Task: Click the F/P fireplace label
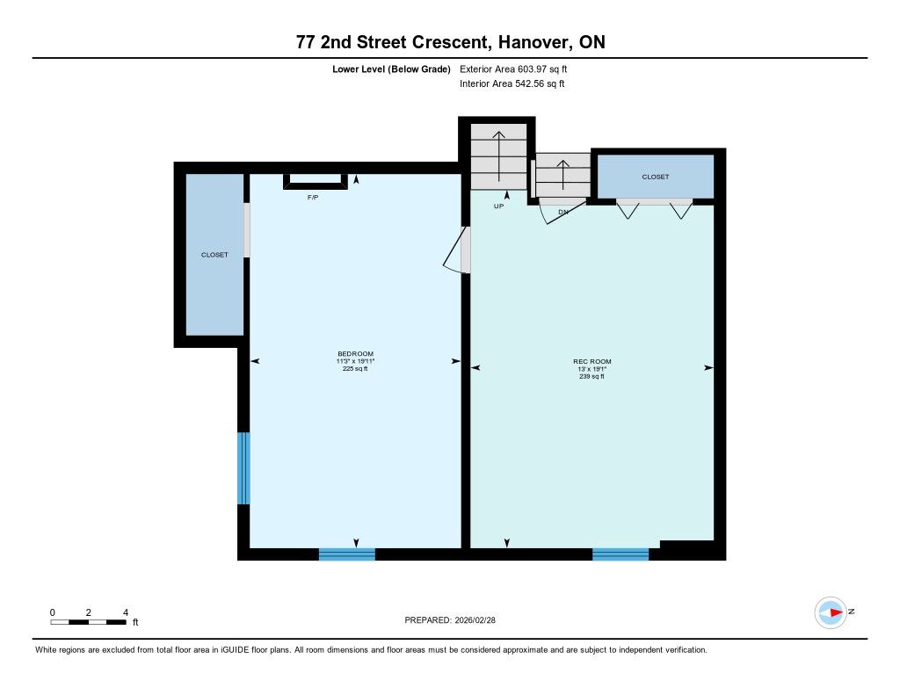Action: click(313, 198)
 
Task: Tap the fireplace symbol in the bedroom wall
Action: click(316, 181)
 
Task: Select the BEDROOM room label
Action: click(355, 353)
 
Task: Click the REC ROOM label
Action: click(592, 362)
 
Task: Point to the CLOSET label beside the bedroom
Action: click(214, 255)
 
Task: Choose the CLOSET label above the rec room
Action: click(656, 177)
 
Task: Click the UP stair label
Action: click(499, 206)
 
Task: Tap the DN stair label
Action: click(563, 212)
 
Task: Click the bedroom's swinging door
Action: click(456, 250)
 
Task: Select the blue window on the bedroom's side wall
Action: click(244, 468)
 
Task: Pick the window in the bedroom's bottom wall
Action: click(346, 554)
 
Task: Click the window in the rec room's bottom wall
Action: click(621, 554)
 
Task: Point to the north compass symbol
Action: click(831, 612)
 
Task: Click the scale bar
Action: click(89, 622)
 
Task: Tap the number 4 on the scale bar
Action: click(125, 612)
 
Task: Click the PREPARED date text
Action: click(450, 620)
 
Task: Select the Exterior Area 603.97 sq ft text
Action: click(513, 69)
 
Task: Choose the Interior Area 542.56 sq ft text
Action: click(512, 83)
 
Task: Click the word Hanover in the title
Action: click(534, 42)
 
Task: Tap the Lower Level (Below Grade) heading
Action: click(391, 69)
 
